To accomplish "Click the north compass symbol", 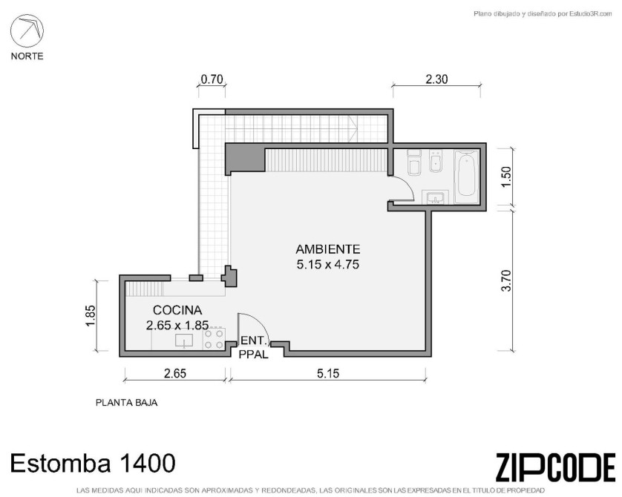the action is [x=27, y=31].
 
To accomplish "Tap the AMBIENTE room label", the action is [x=328, y=249].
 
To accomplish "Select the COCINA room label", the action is [x=177, y=310].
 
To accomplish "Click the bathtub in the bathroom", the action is [x=466, y=177].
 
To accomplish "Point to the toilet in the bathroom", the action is [x=414, y=162].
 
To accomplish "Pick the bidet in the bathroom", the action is [x=436, y=161].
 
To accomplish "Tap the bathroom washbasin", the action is [x=436, y=197].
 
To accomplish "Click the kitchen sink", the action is [x=184, y=340].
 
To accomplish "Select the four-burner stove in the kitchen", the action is [x=214, y=339].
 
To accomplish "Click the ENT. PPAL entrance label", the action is [x=254, y=347].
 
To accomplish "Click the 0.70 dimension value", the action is [x=212, y=79].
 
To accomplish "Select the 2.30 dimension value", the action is [x=436, y=79].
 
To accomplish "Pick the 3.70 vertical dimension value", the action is [x=506, y=280].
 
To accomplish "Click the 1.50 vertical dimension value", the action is [x=506, y=177].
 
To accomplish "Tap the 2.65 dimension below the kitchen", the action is [x=175, y=373].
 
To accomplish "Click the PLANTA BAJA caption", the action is [x=126, y=403].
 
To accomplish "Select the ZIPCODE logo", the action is [x=555, y=468].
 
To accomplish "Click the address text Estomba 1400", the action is [x=93, y=463].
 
